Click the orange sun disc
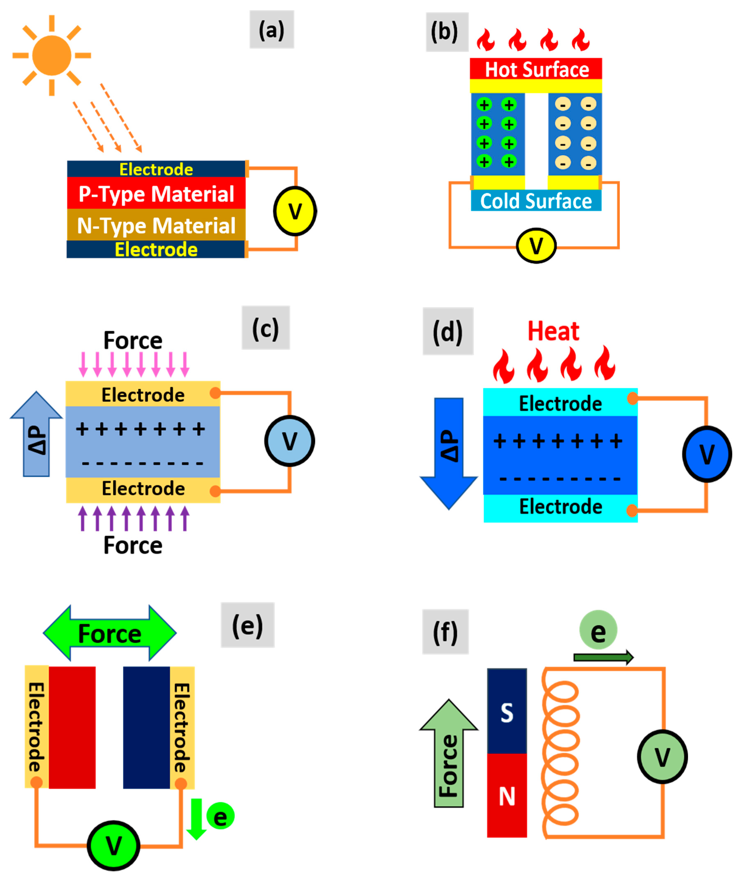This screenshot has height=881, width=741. click(x=52, y=55)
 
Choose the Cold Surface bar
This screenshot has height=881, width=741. click(x=536, y=201)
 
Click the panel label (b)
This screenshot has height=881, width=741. click(x=447, y=32)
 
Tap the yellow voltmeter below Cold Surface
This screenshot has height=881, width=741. click(x=536, y=246)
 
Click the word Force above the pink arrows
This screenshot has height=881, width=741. click(x=133, y=340)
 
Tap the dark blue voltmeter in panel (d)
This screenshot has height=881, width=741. click(x=707, y=454)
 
